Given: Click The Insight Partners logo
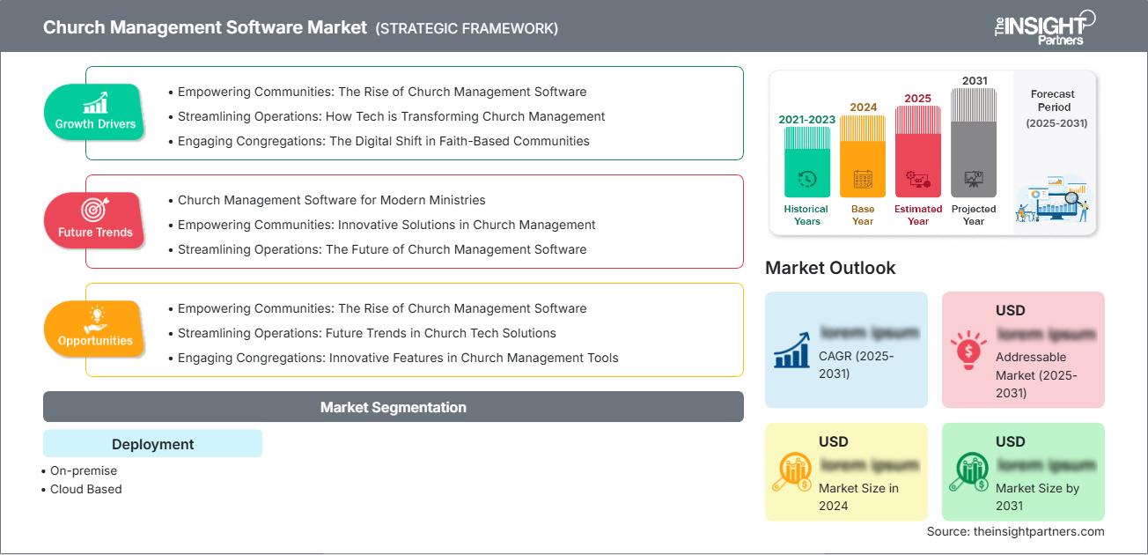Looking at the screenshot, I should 1044,26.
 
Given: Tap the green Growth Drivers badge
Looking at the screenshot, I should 95,112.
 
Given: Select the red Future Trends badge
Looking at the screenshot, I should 95,220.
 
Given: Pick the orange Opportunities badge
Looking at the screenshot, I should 95,329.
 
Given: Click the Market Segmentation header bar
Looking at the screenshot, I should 393,407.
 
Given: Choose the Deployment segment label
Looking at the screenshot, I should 152,444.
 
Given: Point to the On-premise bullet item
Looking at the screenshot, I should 83,470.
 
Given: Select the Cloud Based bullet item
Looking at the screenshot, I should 85,489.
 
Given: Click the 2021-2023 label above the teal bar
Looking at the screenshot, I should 806,119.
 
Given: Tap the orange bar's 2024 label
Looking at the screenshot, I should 863,107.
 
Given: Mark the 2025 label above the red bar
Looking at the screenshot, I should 918,98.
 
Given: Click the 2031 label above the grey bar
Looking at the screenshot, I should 974,80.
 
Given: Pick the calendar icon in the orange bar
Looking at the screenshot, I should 863,180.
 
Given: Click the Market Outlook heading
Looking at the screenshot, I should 830,268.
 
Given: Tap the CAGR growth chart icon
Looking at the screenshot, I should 791,350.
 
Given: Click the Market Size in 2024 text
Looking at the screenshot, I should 858,497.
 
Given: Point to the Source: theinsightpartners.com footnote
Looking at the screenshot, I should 1015,531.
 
